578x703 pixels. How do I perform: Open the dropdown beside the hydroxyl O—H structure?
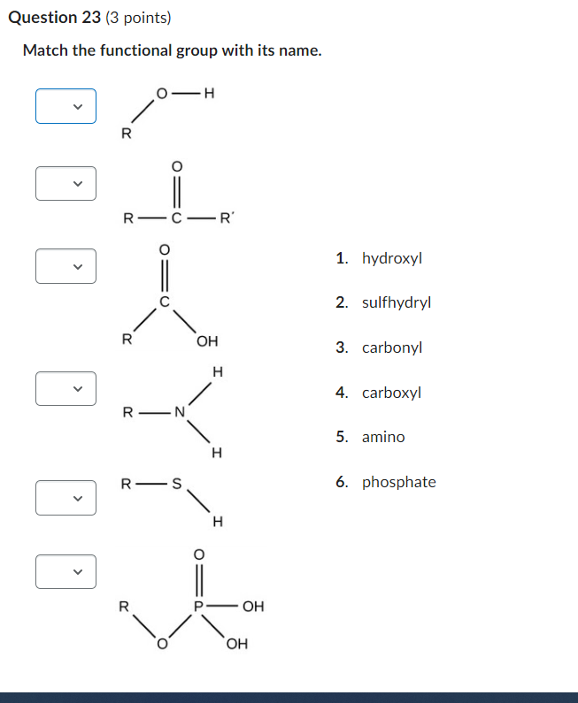point(66,106)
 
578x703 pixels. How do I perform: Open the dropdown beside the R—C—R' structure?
point(66,183)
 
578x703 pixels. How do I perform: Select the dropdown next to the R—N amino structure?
point(66,388)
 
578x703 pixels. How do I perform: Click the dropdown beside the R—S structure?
point(66,497)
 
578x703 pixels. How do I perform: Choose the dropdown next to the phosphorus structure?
point(66,571)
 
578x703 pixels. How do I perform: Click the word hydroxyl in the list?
point(392,258)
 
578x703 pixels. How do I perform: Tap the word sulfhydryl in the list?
point(397,302)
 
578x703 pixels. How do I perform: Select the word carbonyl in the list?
point(392,348)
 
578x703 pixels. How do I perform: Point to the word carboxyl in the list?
point(391,392)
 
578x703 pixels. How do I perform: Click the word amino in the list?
point(383,437)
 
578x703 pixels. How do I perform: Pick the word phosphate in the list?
point(398,482)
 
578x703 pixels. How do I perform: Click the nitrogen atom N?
point(180,411)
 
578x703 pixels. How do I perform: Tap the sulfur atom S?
point(176,484)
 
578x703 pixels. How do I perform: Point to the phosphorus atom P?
point(199,607)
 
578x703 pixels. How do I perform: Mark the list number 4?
point(341,392)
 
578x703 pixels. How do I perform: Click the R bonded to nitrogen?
point(128,412)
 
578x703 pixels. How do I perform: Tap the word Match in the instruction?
point(45,50)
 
